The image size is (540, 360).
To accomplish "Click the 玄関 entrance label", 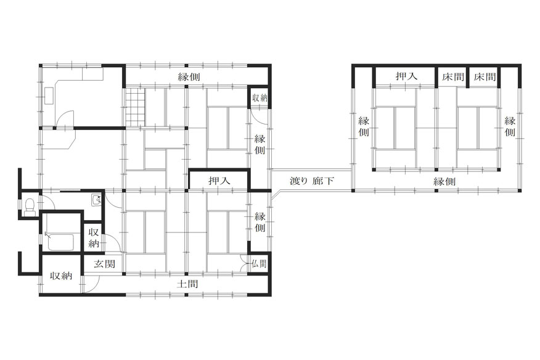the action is pyautogui.click(x=105, y=264).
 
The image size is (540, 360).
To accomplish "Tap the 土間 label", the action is pyautogui.click(x=187, y=284).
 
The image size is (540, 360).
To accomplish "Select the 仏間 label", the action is pyautogui.click(x=259, y=264).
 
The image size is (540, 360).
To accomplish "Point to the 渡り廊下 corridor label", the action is pyautogui.click(x=312, y=181).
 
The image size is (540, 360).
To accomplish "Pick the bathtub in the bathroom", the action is pyautogui.click(x=60, y=242).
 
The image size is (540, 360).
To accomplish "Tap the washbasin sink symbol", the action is pyautogui.click(x=96, y=200).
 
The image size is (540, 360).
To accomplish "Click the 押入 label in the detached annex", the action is pyautogui.click(x=406, y=76).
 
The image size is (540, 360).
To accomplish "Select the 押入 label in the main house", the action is pyautogui.click(x=219, y=181).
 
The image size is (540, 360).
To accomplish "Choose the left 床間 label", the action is pyautogui.click(x=453, y=76).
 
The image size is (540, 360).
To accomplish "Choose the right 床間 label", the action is pyautogui.click(x=485, y=76).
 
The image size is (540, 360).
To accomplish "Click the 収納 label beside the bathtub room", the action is pyautogui.click(x=94, y=237).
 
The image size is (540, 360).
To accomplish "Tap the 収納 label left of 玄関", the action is pyautogui.click(x=61, y=276).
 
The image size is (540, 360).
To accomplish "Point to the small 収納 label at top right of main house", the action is pyautogui.click(x=260, y=98).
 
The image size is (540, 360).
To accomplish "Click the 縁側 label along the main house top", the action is pyautogui.click(x=189, y=76).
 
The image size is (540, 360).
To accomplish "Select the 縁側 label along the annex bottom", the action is pyautogui.click(x=444, y=181).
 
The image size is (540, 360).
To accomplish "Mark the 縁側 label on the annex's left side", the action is pyautogui.click(x=364, y=126).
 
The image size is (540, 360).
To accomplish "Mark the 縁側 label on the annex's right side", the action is pyautogui.click(x=510, y=126).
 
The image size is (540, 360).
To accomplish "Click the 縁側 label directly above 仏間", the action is pyautogui.click(x=260, y=222).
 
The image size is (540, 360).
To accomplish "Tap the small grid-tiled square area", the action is pyautogui.click(x=134, y=107).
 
